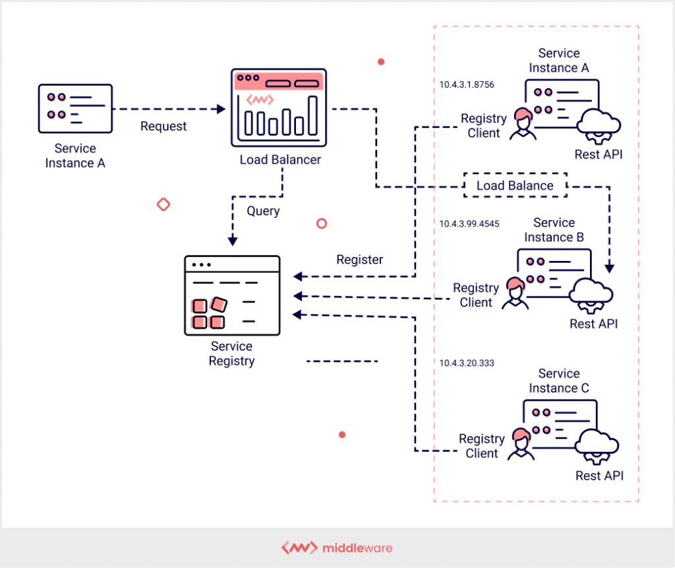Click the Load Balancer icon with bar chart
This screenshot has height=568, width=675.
coord(278,107)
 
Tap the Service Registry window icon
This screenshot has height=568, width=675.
coord(231,295)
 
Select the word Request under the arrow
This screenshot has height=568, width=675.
coord(163,126)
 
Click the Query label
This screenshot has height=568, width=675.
coord(263,211)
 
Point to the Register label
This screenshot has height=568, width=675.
coord(359,260)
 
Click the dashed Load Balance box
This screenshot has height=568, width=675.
coord(515,186)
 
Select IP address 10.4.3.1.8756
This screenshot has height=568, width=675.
coord(467,85)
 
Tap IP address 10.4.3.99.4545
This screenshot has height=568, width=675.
coord(469,224)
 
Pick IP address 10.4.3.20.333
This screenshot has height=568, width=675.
coord(467,363)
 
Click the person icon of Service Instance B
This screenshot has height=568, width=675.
coord(515,293)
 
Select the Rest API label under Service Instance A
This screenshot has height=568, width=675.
coord(599,154)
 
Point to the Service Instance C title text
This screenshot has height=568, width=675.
coord(559,381)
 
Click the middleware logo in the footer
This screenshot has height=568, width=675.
coord(337,548)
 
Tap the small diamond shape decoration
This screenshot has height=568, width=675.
coord(163,204)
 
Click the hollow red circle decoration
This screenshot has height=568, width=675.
coord(322,223)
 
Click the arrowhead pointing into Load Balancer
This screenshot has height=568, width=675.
coord(221,109)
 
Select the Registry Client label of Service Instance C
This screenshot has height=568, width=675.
coord(482,446)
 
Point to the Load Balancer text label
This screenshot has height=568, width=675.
coord(280,159)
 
